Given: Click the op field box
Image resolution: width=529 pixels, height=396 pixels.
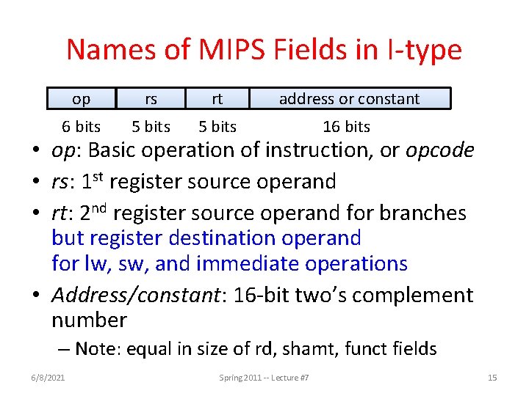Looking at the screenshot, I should click(82, 99).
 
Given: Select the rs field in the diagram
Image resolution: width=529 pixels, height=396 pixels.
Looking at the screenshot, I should click(151, 99).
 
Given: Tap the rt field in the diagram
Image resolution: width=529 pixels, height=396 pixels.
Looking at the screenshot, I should click(217, 99).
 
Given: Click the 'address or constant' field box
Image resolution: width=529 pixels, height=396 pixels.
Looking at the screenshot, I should click(349, 99).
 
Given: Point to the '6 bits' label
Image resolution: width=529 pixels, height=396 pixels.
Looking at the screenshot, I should click(82, 127).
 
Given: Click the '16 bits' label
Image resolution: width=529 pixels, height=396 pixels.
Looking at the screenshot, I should click(346, 127).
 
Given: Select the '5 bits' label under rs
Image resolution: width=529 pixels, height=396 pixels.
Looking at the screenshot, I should click(151, 127).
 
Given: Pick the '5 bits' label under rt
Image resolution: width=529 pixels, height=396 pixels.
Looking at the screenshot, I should click(217, 127).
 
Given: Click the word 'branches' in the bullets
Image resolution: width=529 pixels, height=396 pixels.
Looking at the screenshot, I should click(422, 213).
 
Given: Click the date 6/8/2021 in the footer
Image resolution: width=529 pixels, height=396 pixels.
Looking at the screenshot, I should click(49, 378).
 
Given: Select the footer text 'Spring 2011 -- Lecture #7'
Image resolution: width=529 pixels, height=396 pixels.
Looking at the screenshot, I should click(264, 378).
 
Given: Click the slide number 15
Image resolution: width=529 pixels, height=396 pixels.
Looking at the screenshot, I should click(492, 378).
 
